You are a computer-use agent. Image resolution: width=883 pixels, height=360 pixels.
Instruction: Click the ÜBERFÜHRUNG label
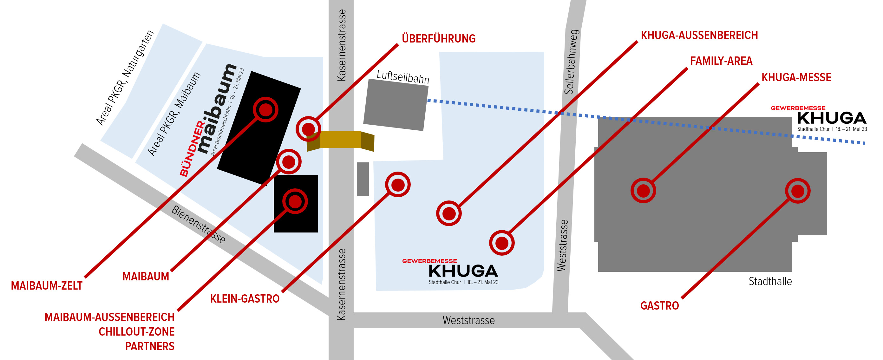[x=438, y=38]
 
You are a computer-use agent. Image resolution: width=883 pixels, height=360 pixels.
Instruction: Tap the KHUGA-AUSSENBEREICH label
[x=699, y=35]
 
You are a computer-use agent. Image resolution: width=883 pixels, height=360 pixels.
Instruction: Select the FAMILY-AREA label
[x=721, y=61]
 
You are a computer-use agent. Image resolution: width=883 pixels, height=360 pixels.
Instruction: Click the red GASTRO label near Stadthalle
[x=659, y=305]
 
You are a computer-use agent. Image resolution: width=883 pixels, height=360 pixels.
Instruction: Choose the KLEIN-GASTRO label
[x=245, y=299]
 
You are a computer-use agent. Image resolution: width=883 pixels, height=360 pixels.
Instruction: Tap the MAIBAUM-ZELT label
[x=47, y=285]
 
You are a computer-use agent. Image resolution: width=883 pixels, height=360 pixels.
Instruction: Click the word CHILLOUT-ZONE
[x=136, y=331]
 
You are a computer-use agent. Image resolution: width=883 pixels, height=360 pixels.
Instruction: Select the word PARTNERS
[x=150, y=346]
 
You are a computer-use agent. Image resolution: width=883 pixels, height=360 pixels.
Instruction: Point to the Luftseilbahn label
[x=403, y=77]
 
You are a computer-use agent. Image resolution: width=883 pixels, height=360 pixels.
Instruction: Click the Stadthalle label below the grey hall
[x=770, y=281]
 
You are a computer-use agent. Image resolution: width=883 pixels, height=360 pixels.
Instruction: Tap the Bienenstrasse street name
[x=199, y=225]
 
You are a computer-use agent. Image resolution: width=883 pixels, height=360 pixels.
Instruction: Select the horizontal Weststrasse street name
[x=468, y=320]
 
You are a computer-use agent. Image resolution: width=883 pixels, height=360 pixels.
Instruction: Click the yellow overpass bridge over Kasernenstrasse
[x=340, y=141]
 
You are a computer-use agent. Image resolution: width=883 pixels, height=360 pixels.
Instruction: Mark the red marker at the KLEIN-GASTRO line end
[x=398, y=185]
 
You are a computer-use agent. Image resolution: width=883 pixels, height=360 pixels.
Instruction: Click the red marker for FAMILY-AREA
[x=502, y=243]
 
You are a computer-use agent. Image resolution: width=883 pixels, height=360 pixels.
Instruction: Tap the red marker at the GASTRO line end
[x=798, y=191]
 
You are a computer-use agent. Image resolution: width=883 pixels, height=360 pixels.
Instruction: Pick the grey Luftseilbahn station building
[x=396, y=105]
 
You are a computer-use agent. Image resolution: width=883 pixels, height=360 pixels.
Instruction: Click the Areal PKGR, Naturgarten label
[x=125, y=78]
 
